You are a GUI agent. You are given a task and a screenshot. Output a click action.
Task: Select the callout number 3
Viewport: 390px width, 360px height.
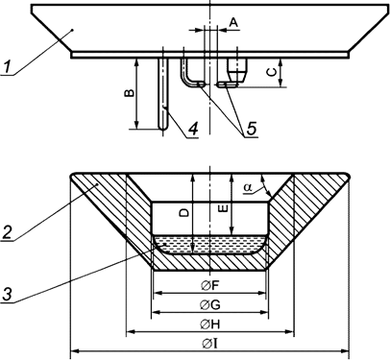click(9, 295)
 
